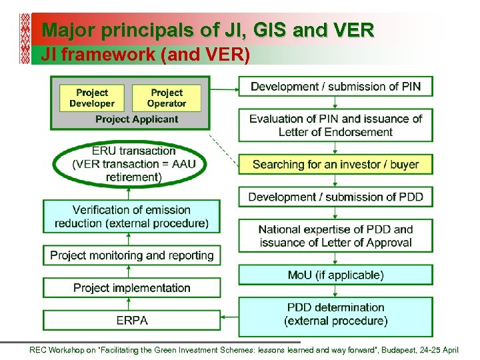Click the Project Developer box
[x=92, y=98]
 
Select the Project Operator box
[x=167, y=98]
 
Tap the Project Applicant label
[x=137, y=119]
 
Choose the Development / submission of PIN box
[x=335, y=87]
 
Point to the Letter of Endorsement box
[x=335, y=125]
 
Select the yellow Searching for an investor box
[x=335, y=164]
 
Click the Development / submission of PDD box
[x=335, y=197]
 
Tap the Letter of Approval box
[x=335, y=236]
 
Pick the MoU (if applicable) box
[x=335, y=275]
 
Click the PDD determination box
[x=335, y=314]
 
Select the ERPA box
[x=131, y=320]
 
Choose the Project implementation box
[x=131, y=288]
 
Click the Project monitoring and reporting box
[x=131, y=255]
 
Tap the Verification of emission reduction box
[x=131, y=217]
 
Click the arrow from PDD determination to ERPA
[x=229, y=319]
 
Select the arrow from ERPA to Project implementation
[x=131, y=304]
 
